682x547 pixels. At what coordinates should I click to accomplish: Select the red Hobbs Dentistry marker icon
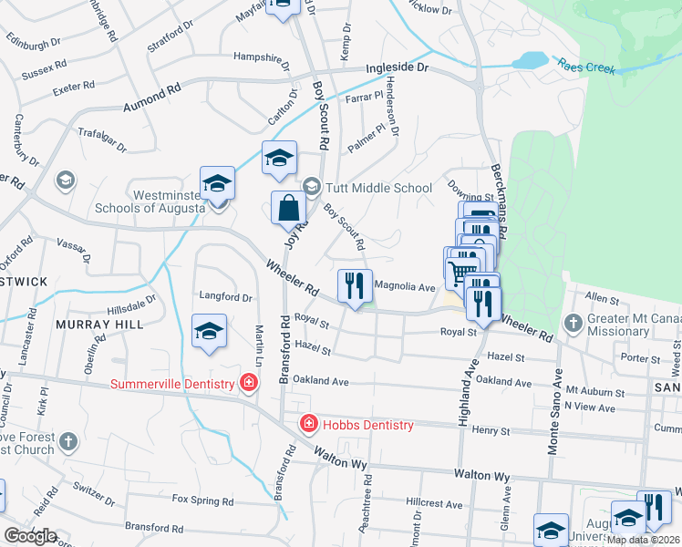pyautogui.click(x=309, y=424)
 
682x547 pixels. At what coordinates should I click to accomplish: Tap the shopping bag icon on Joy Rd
pyautogui.click(x=288, y=209)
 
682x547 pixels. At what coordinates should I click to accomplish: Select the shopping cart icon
pyautogui.click(x=462, y=269)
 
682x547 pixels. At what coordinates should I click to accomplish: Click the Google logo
pyautogui.click(x=29, y=536)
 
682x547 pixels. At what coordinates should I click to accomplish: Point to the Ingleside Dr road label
pyautogui.click(x=397, y=68)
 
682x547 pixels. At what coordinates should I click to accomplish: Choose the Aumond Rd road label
pyautogui.click(x=151, y=96)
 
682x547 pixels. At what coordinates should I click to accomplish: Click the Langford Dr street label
pyautogui.click(x=225, y=297)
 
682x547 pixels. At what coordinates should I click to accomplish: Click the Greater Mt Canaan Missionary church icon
pyautogui.click(x=573, y=323)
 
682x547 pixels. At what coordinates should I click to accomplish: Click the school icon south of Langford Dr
pyautogui.click(x=209, y=332)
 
